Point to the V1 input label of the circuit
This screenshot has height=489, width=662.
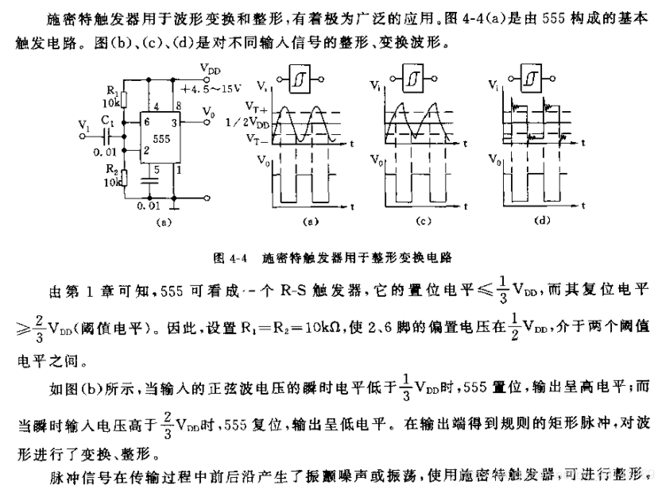click(85, 126)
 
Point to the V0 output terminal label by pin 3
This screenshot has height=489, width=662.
click(208, 115)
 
